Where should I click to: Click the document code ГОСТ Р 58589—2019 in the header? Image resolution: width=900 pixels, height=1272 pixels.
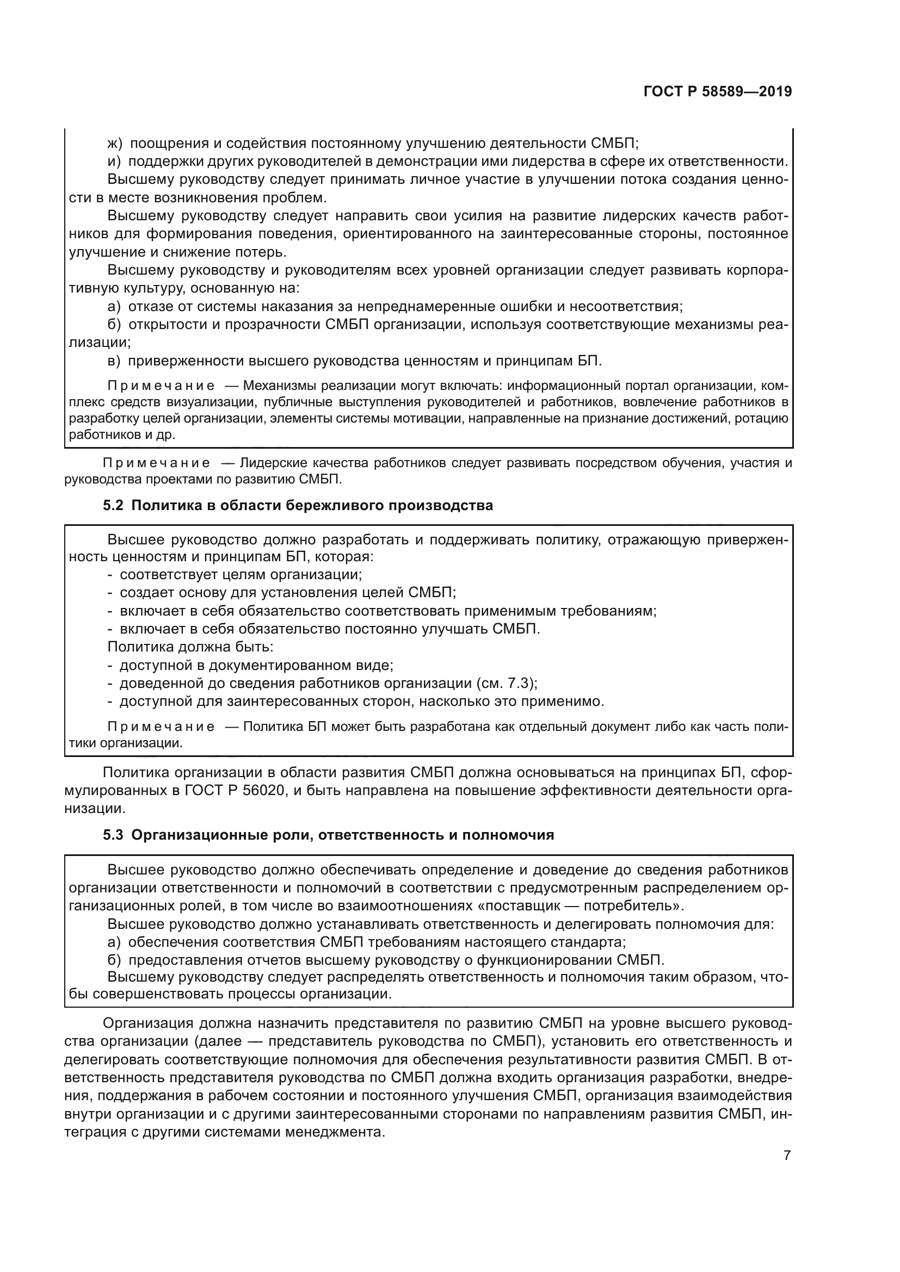click(718, 92)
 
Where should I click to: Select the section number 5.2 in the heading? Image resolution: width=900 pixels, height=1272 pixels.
click(113, 505)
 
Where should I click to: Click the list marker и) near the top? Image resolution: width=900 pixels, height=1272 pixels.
click(114, 162)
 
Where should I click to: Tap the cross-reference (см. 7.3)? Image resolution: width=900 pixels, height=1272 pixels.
click(506, 682)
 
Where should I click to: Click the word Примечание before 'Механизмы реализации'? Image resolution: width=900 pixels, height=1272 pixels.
click(161, 385)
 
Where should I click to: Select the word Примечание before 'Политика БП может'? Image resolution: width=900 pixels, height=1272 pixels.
click(161, 727)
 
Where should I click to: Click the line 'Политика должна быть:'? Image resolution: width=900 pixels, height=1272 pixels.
click(190, 647)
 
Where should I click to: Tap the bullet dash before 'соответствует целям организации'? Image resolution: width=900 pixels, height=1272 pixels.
click(110, 574)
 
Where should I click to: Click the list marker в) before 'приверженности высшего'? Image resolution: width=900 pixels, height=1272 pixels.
click(114, 361)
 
